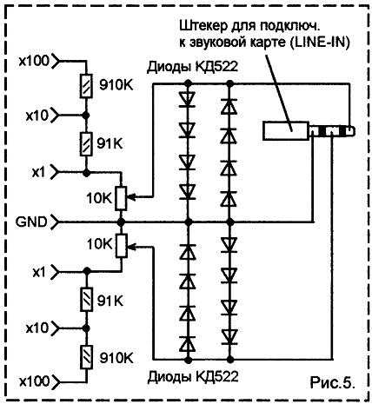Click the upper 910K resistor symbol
coord(86,86)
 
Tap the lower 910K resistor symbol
coord(86,357)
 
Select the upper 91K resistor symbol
coord(86,144)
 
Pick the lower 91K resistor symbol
coord(86,300)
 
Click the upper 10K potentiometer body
coord(121,198)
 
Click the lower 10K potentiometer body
coord(122,246)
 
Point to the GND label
coord(31,222)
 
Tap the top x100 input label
coord(34,61)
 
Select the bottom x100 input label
coord(35,381)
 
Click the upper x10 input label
coord(37,116)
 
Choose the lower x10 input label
coord(37,328)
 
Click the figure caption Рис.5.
coord(333,382)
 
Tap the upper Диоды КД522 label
coord(192,67)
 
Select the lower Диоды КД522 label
coord(193,376)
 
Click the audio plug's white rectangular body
coord(285,131)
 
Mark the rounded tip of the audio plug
coord(351,131)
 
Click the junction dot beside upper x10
coord(86,116)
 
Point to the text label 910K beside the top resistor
coord(116,85)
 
